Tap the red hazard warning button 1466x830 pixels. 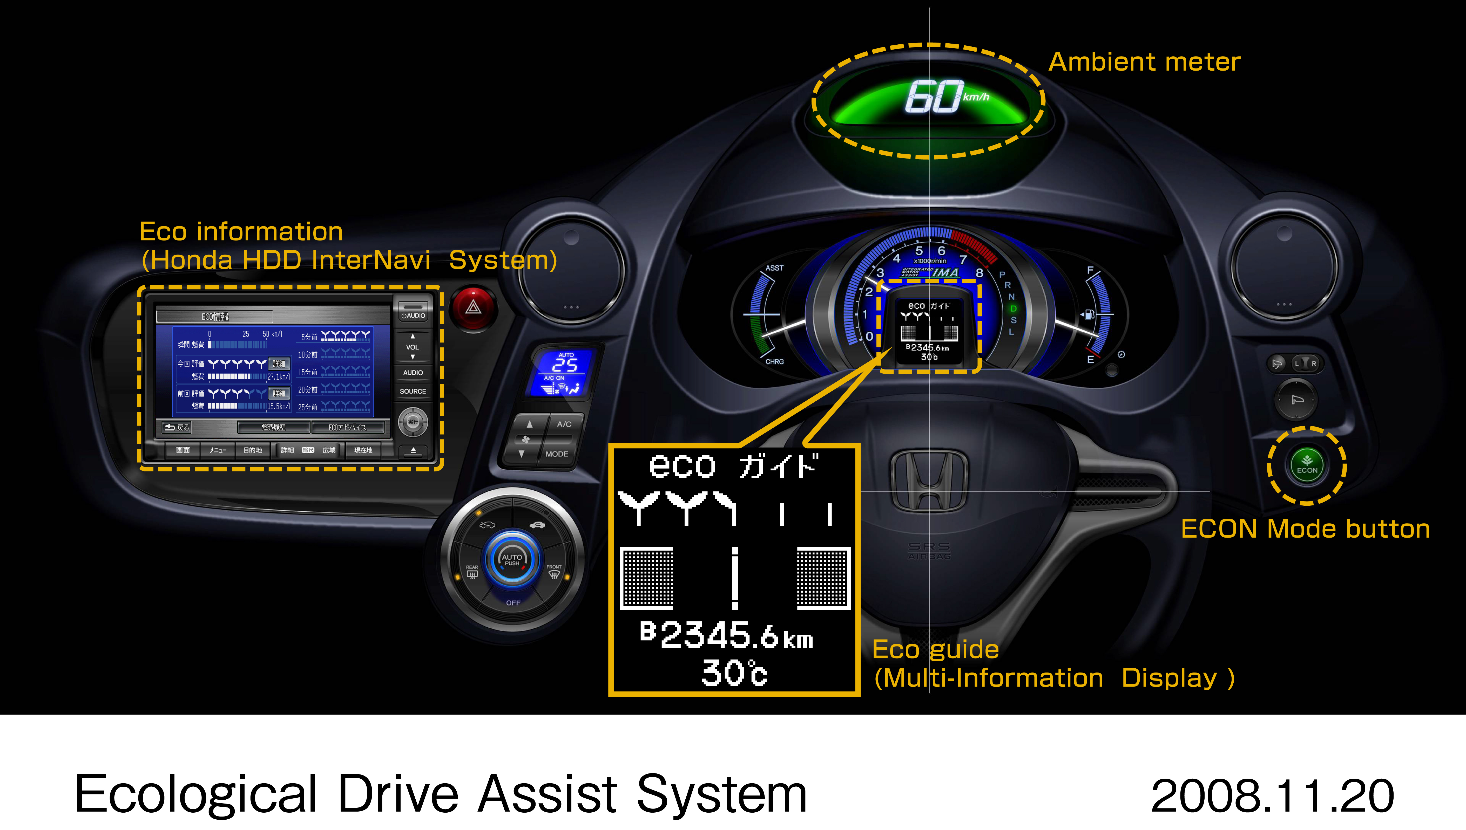tap(473, 308)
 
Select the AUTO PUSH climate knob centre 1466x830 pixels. tap(512, 560)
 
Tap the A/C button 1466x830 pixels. tap(564, 424)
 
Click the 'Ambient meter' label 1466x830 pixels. tap(1144, 61)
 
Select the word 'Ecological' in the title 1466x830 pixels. tap(195, 794)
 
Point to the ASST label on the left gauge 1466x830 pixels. tap(774, 268)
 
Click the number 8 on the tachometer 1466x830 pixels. tap(979, 273)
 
